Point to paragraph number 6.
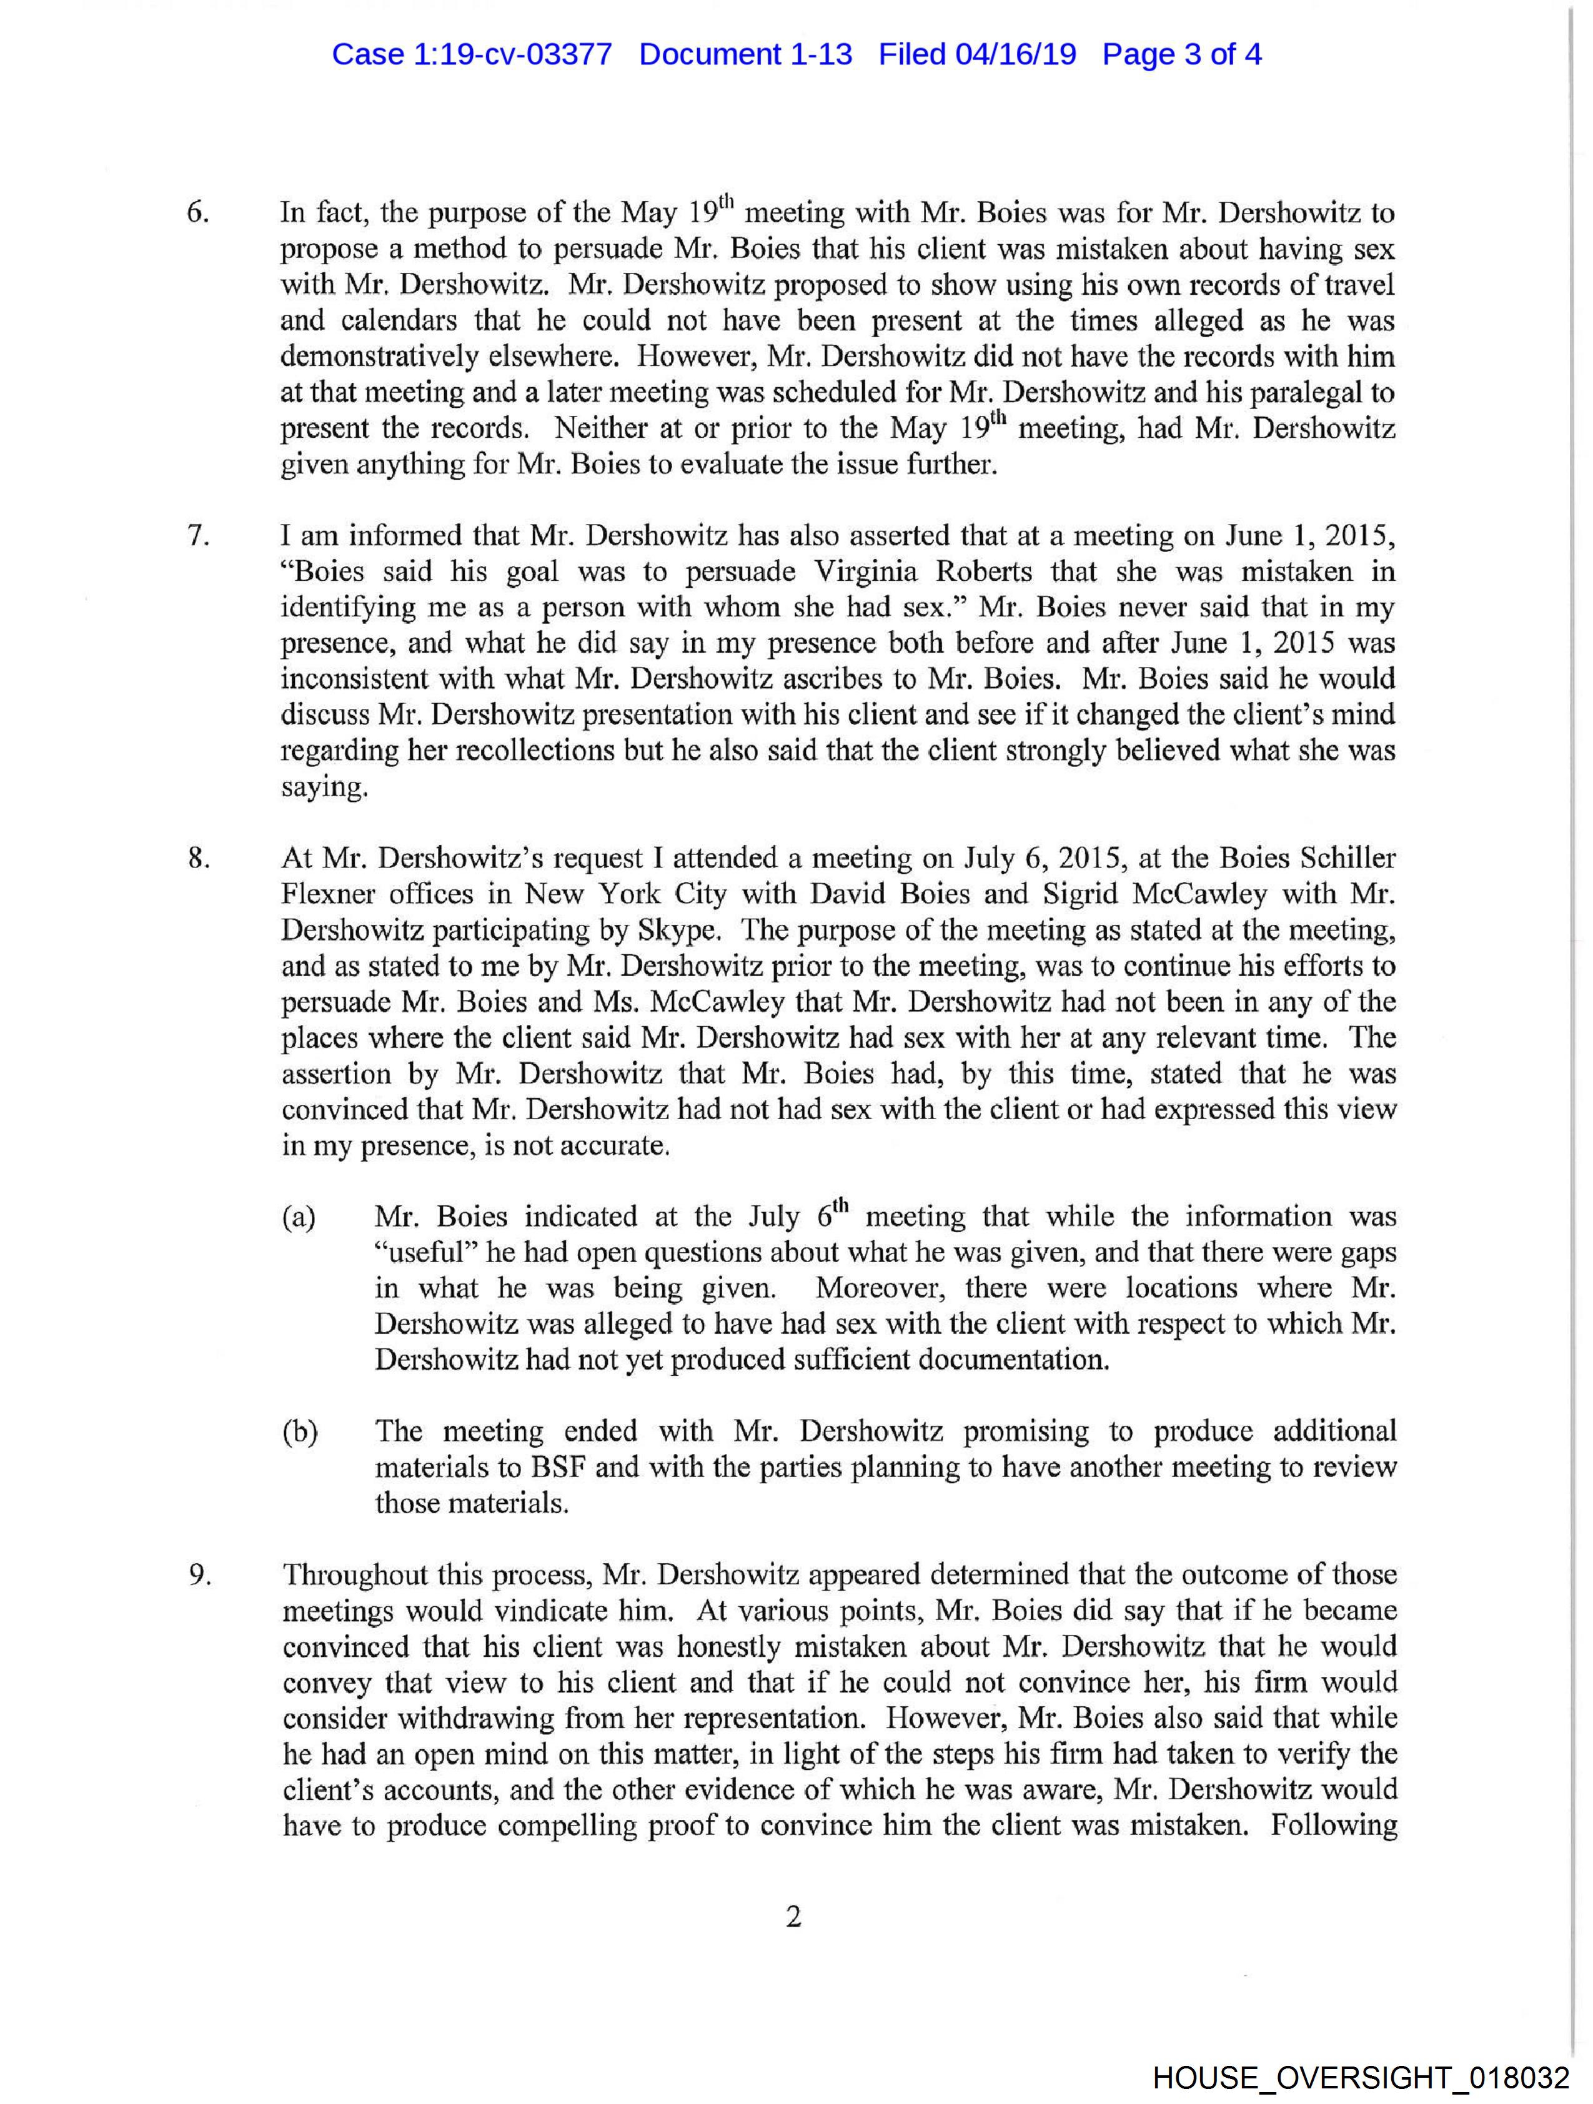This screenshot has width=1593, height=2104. point(198,213)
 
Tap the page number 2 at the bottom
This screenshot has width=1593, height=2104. point(793,1917)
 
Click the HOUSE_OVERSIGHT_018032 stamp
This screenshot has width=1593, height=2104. point(1360,2077)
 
